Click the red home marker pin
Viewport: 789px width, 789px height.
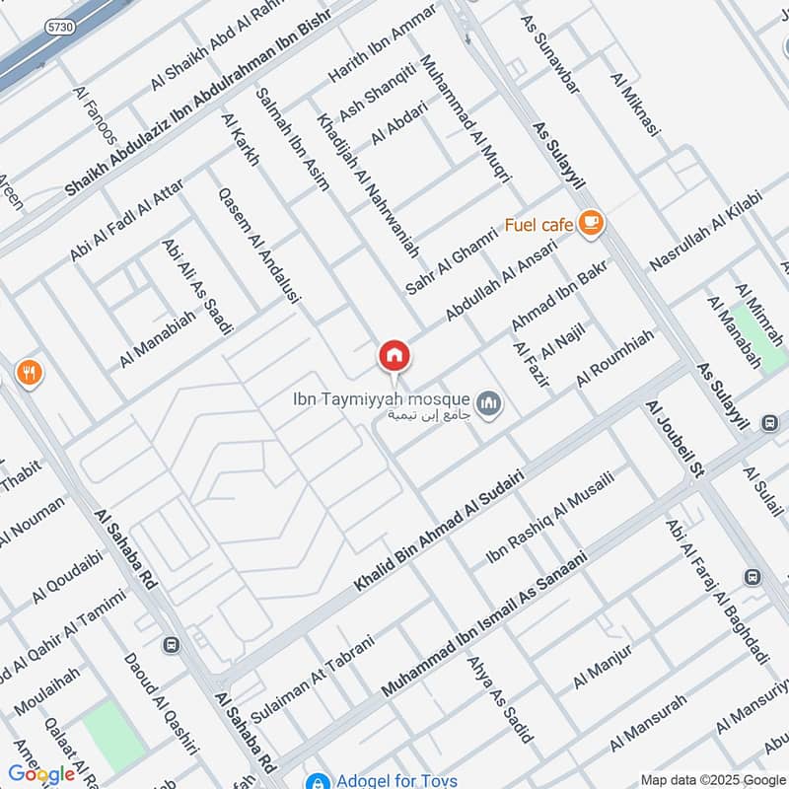(x=394, y=356)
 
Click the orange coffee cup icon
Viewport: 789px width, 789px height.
(x=591, y=223)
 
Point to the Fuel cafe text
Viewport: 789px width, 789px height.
(x=538, y=226)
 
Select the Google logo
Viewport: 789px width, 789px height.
(x=41, y=774)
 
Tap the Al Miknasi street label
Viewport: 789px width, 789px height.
(x=634, y=108)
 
